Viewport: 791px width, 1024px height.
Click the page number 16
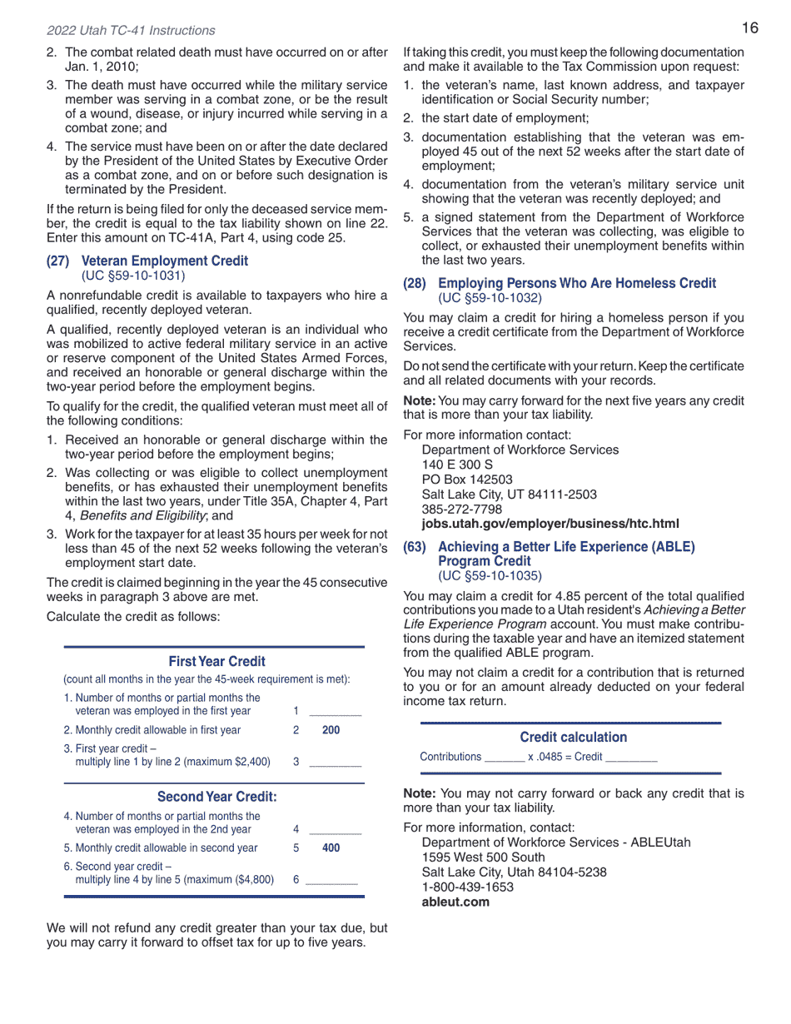click(749, 28)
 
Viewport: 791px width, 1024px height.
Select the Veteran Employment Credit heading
click(164, 261)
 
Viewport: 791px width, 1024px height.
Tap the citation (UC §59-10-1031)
click(133, 275)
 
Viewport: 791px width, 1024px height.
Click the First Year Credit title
click(216, 661)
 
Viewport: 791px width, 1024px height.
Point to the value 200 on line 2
click(331, 730)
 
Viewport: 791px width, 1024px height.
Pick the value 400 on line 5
click(331, 848)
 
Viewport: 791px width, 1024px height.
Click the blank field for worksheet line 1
click(335, 711)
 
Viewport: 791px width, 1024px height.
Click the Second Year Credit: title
click(216, 797)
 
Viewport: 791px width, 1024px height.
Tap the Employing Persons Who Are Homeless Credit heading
click(576, 283)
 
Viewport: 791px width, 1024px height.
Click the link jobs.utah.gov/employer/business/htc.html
click(550, 524)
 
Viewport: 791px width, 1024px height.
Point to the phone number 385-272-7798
click(462, 509)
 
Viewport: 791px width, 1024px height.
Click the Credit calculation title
click(573, 737)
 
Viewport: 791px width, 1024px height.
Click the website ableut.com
click(455, 902)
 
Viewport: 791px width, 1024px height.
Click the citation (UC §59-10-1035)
click(490, 575)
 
